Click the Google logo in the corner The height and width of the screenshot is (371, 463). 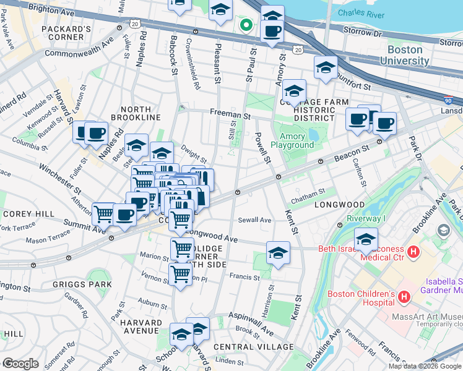click(20, 364)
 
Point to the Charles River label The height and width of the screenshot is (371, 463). click(361, 12)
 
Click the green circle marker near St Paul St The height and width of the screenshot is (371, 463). click(246, 25)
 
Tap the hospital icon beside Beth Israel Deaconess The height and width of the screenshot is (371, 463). click(413, 252)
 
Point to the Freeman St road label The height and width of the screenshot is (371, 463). click(230, 114)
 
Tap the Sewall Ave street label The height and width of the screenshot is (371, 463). click(256, 220)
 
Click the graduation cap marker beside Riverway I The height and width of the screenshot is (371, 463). click(366, 238)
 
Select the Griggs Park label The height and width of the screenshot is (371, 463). click(91, 284)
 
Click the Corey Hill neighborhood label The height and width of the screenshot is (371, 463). click(22, 213)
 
